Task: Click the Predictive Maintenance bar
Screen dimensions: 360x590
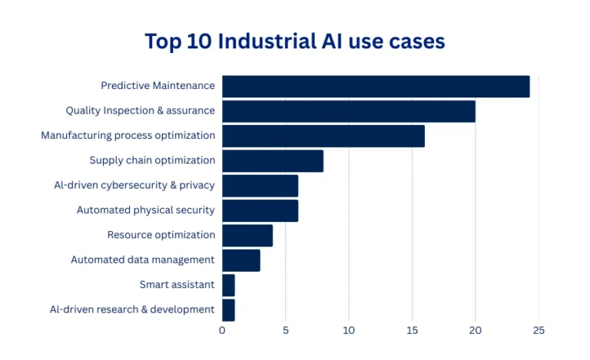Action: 376,86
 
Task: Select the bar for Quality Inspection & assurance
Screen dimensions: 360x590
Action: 349,111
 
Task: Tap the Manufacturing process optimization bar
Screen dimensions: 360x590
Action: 323,136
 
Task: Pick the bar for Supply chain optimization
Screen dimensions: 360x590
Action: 273,160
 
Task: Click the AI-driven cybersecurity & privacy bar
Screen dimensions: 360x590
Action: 260,186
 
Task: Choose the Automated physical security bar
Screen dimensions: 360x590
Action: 260,210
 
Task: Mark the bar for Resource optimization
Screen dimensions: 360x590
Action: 247,235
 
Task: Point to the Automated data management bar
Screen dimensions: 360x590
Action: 241,260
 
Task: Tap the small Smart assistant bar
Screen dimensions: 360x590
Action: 228,285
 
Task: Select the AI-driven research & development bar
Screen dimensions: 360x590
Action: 228,309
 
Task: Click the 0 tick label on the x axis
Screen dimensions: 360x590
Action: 222,331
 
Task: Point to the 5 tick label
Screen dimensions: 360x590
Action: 286,331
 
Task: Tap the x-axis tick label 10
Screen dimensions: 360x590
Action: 349,331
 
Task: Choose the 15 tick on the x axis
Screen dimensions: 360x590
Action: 412,331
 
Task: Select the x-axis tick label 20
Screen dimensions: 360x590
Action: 476,331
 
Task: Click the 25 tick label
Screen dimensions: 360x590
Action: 539,331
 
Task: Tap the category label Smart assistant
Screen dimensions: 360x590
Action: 177,285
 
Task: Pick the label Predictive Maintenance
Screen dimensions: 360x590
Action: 157,86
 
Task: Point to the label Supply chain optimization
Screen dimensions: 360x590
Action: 152,160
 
